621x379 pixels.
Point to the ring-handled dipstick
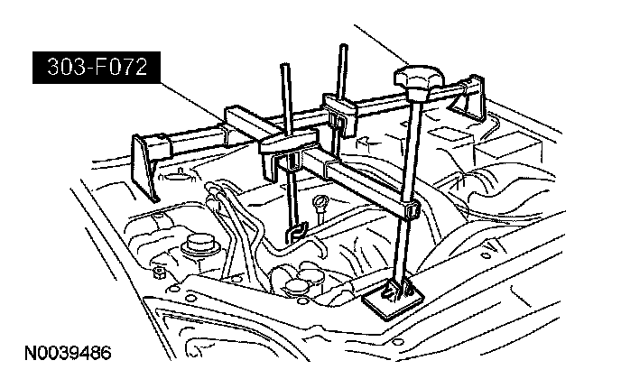click(322, 203)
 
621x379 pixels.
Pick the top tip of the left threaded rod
click(282, 68)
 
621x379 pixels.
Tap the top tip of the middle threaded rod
click(342, 46)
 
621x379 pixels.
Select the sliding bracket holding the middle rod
click(342, 116)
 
